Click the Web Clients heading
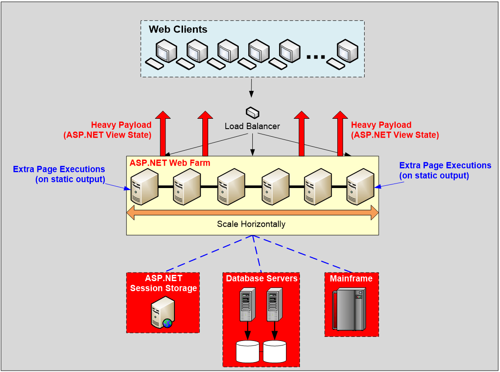(x=178, y=29)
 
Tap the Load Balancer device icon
(x=253, y=112)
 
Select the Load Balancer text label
(x=252, y=126)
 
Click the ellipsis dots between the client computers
(x=316, y=57)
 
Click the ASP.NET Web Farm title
(x=170, y=163)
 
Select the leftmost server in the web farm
(x=144, y=187)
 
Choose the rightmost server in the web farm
(x=360, y=187)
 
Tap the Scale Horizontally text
(x=251, y=224)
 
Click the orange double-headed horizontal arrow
(x=253, y=212)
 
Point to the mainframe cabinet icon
(x=349, y=309)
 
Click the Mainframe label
(x=351, y=278)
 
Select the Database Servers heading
(x=262, y=278)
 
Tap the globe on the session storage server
(x=167, y=323)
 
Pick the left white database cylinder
(x=247, y=352)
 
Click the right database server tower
(x=275, y=305)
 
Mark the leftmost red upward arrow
(x=163, y=133)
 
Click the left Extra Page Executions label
(x=59, y=174)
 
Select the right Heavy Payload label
(x=395, y=130)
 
